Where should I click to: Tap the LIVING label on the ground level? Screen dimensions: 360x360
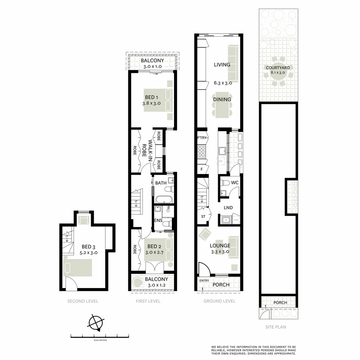click(x=222, y=65)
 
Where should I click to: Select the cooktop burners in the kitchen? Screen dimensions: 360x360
click(x=202, y=152)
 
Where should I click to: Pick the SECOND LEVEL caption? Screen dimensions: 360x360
click(x=83, y=301)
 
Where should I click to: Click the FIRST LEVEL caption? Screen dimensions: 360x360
click(x=148, y=301)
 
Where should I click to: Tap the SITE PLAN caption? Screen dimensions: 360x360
click(x=276, y=327)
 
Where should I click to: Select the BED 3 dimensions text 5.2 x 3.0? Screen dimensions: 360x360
click(x=89, y=253)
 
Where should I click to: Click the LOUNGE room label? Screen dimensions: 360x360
click(x=220, y=246)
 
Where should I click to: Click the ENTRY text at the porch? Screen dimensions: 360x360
click(x=204, y=281)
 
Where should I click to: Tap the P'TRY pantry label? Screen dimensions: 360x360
click(x=202, y=138)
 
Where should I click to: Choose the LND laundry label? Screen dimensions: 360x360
click(x=228, y=208)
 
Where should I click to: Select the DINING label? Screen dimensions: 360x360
click(x=222, y=99)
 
